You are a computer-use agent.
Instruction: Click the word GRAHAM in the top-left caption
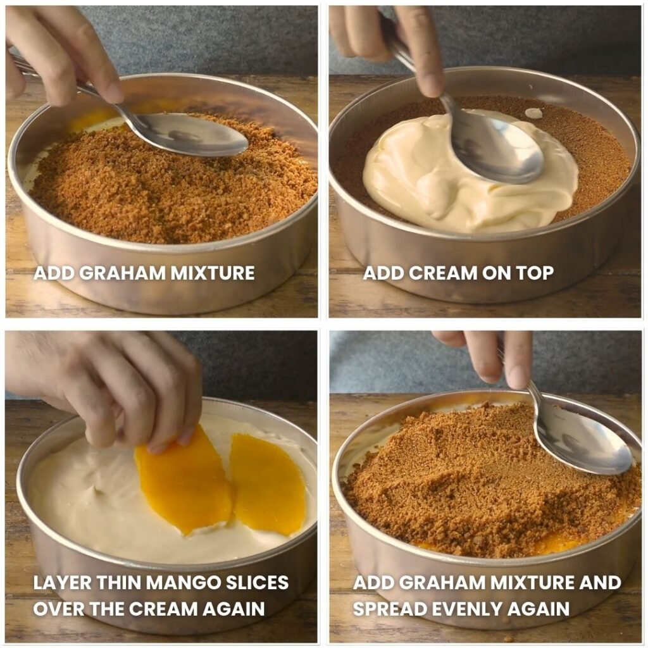123,273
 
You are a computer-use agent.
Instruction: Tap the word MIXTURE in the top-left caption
213,273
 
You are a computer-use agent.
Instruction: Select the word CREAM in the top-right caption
443,273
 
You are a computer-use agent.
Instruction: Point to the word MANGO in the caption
183,583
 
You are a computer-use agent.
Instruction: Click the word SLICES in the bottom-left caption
257,583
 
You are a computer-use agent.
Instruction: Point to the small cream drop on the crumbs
533,113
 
